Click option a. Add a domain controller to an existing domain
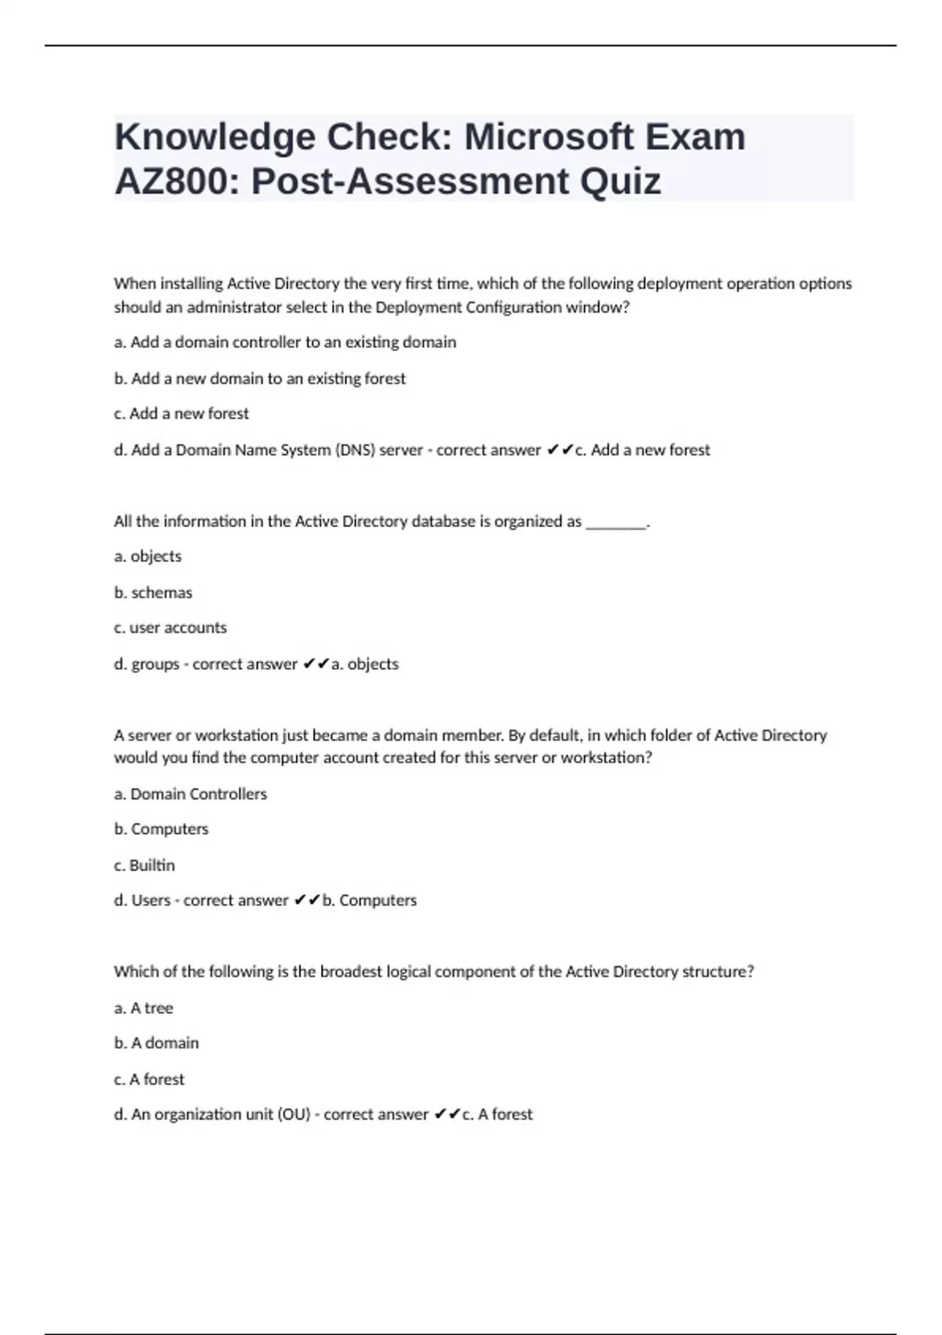pyautogui.click(x=285, y=342)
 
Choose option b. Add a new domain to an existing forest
pyautogui.click(x=260, y=379)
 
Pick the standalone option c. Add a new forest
pyautogui.click(x=181, y=413)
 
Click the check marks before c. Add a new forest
pyautogui.click(x=560, y=450)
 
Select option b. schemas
pyautogui.click(x=153, y=593)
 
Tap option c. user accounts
pyautogui.click(x=170, y=628)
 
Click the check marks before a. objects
pyautogui.click(x=316, y=664)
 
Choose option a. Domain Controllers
pyautogui.click(x=191, y=794)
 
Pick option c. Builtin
pyautogui.click(x=144, y=865)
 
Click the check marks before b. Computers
pyautogui.click(x=307, y=901)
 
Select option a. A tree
pyautogui.click(x=144, y=1008)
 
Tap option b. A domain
pyautogui.click(x=156, y=1044)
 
